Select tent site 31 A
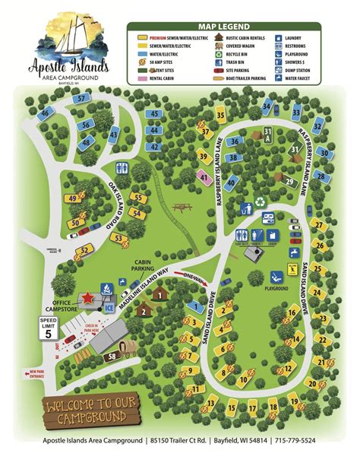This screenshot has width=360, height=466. tap(267, 135)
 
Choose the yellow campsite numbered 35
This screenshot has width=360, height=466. tap(220, 115)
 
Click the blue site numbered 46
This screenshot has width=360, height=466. tap(46, 113)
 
